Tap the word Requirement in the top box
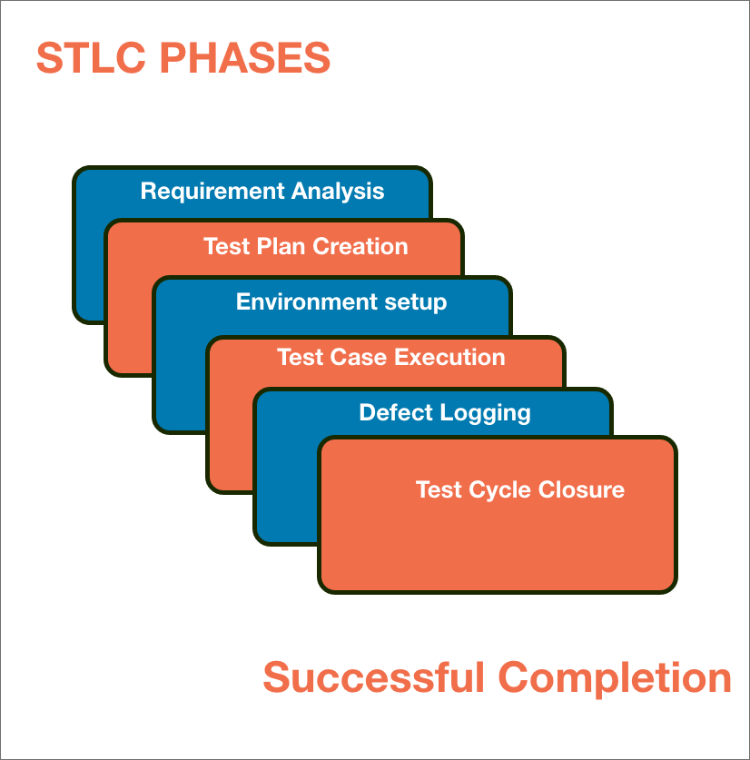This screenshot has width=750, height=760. pyautogui.click(x=212, y=192)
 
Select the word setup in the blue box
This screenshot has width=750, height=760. pyautogui.click(x=414, y=302)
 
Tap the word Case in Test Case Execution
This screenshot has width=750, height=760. pyautogui.click(x=350, y=357)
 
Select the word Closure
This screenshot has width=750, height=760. pyautogui.click(x=582, y=489)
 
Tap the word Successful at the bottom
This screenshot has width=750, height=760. pyautogui.click(x=374, y=678)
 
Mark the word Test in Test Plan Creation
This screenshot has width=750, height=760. pyautogui.click(x=227, y=246)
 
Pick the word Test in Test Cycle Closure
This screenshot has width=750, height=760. pyautogui.click(x=439, y=489)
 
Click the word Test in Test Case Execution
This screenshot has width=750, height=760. pyautogui.click(x=301, y=357)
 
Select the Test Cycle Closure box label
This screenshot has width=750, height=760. pyautogui.click(x=519, y=489)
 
